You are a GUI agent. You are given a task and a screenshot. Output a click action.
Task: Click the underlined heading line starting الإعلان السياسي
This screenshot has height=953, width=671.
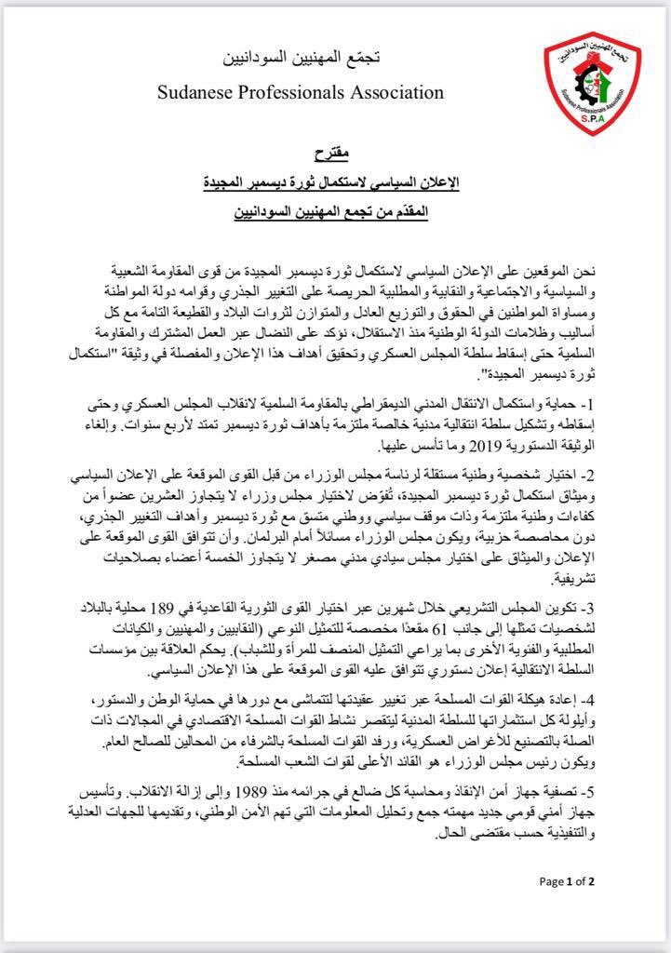point(333,181)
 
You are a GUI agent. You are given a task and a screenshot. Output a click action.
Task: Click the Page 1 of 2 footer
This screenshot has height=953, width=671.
point(567,881)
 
